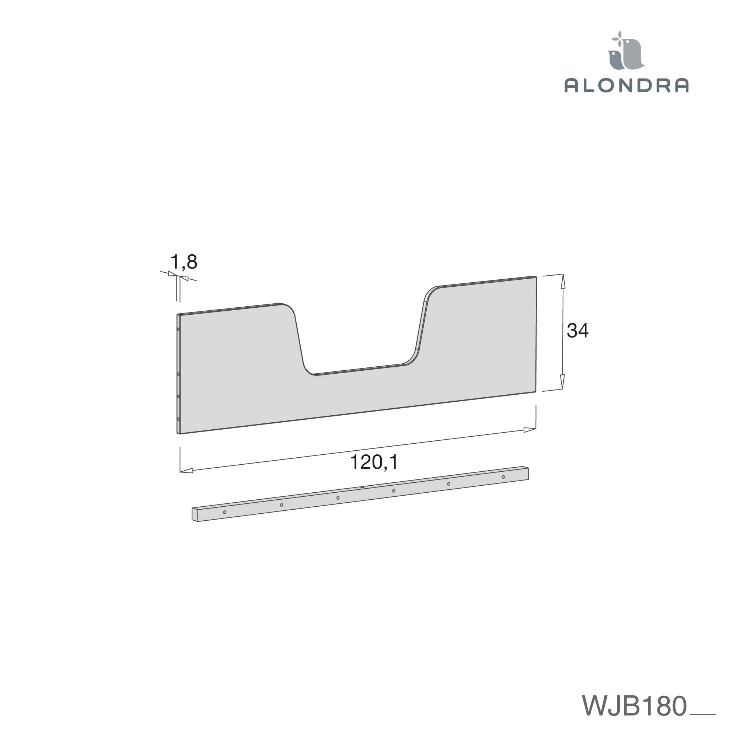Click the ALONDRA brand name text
pos(626,85)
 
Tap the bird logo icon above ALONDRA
pos(626,51)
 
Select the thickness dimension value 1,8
pos(184,262)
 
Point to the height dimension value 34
pos(577,330)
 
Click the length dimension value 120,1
pos(374,462)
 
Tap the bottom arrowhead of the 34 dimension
pos(562,381)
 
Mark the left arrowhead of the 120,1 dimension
pos(186,471)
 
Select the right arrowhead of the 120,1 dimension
pos(530,430)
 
